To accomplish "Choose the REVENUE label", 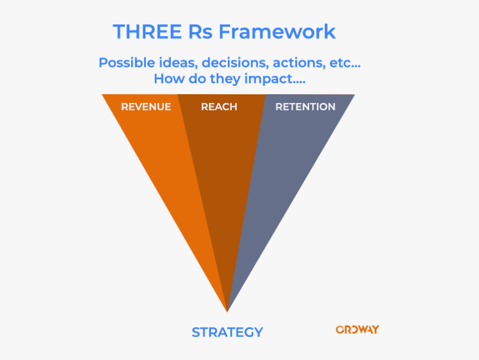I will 146,106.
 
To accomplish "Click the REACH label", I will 219,106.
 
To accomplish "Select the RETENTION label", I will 305,106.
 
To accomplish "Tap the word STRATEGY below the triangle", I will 227,332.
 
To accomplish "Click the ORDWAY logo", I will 357,329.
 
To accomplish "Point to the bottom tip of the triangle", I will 227,310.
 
